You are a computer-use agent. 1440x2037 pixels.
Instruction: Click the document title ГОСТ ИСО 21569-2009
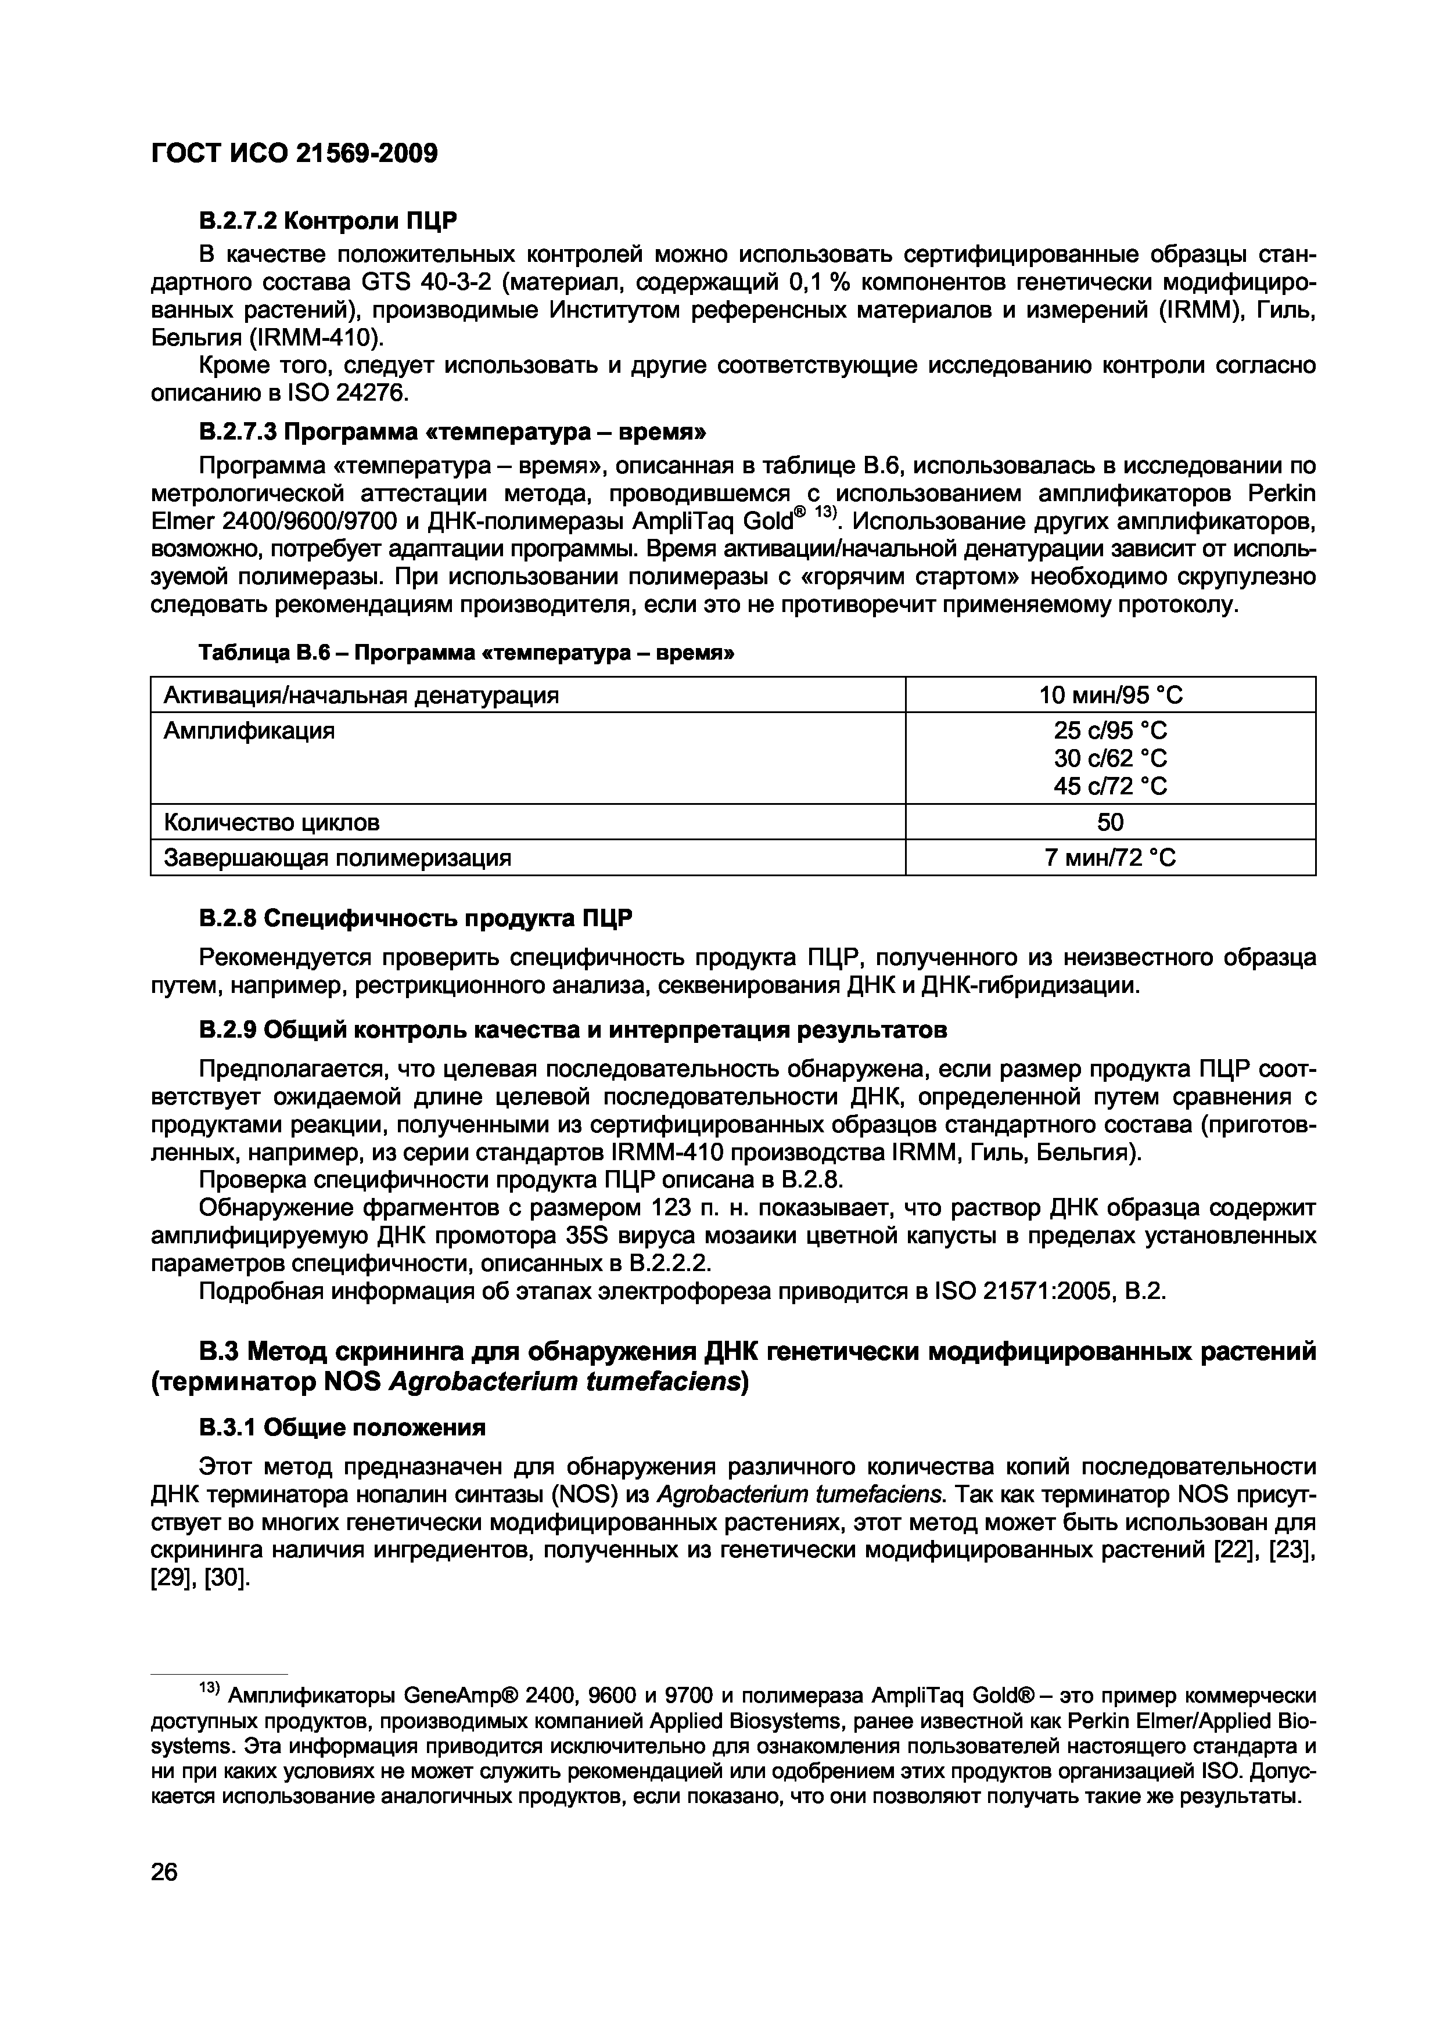coord(295,153)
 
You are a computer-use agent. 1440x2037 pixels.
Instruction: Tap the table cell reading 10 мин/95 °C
coord(1110,694)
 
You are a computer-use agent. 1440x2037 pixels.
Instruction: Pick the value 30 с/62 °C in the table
coord(1110,758)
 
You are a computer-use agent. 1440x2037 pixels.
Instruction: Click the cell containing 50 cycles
coord(1110,822)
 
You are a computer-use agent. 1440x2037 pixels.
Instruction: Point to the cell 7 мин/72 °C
coord(1110,858)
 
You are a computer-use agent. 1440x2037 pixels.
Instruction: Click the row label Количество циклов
coord(271,822)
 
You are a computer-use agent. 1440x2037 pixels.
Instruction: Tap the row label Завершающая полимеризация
coord(337,858)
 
